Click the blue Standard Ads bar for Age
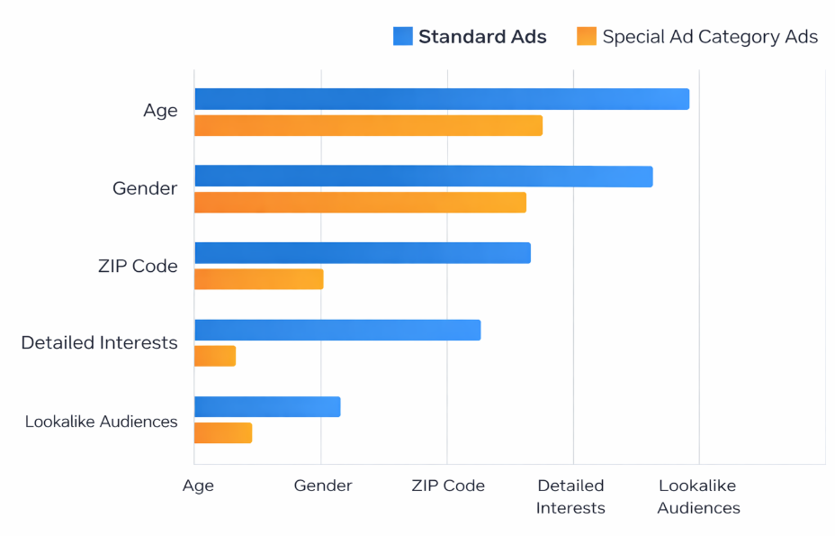pyautogui.click(x=441, y=99)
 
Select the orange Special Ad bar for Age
pyautogui.click(x=368, y=125)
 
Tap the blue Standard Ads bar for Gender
pyautogui.click(x=423, y=177)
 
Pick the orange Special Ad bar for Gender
pyautogui.click(x=360, y=203)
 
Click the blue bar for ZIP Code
pyautogui.click(x=362, y=253)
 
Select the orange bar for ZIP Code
pyautogui.click(x=258, y=279)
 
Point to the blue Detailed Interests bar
pyautogui.click(x=337, y=330)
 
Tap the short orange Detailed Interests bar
pyautogui.click(x=215, y=356)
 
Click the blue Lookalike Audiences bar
pyautogui.click(x=267, y=407)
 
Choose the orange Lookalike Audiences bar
pyautogui.click(x=223, y=432)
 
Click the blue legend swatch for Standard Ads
pyautogui.click(x=402, y=37)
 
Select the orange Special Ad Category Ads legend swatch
pyautogui.click(x=587, y=37)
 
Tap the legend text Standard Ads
pyautogui.click(x=482, y=37)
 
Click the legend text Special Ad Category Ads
pyautogui.click(x=710, y=37)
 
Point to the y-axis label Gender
pyautogui.click(x=145, y=189)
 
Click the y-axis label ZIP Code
pyautogui.click(x=138, y=267)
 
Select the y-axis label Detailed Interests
pyautogui.click(x=99, y=343)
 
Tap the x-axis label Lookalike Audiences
pyautogui.click(x=698, y=496)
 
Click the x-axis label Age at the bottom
pyautogui.click(x=198, y=486)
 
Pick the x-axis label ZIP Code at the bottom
pyautogui.click(x=448, y=486)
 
